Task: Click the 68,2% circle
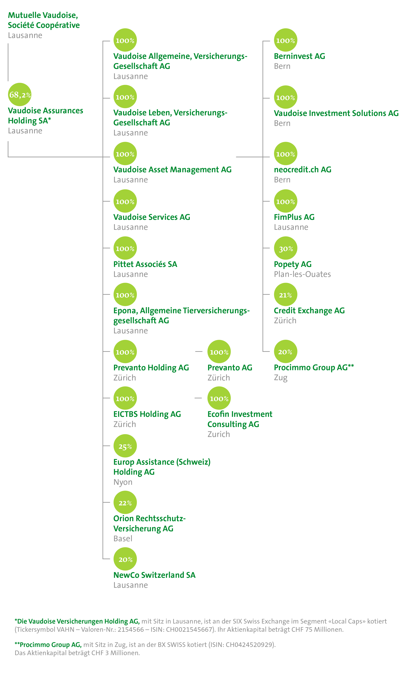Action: [x=20, y=94]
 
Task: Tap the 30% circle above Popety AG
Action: [x=285, y=248]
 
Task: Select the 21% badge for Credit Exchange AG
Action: [x=285, y=294]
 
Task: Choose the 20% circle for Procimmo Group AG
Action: [x=285, y=352]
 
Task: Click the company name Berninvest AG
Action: [x=299, y=56]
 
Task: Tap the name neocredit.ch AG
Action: [x=302, y=170]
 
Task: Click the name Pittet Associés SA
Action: [x=145, y=264]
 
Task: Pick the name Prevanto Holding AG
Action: [x=151, y=368]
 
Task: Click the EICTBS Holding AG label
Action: [x=147, y=414]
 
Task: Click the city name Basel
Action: [x=123, y=539]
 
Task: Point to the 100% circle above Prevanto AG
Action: [x=219, y=352]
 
